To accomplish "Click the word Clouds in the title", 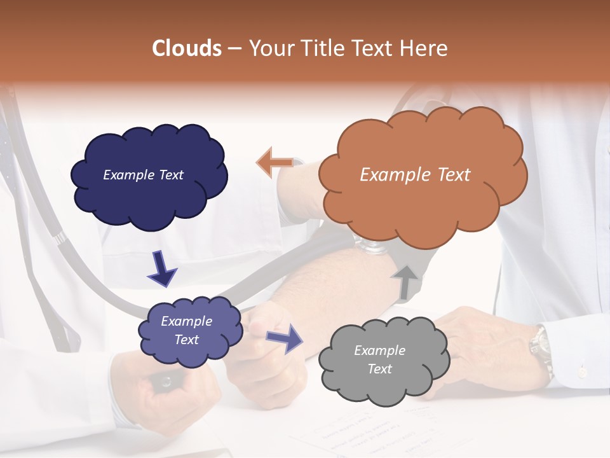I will click(187, 48).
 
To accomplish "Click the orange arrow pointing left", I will click(274, 163).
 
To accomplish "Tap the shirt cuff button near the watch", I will click(581, 370).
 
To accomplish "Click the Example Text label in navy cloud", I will click(143, 175).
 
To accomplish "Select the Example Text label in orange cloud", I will click(415, 175).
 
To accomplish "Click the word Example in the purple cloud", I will click(186, 321).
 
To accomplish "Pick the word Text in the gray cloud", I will click(379, 369).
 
